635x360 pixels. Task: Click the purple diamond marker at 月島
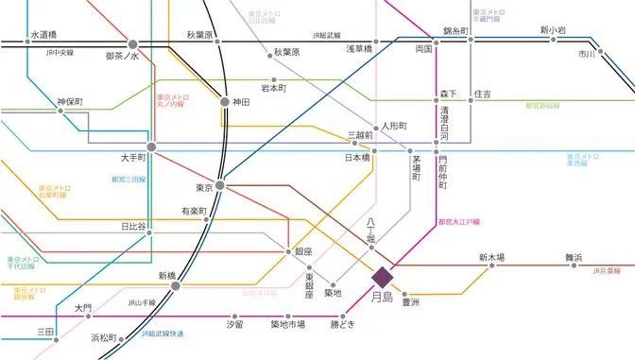pos(382,277)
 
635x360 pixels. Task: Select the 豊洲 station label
pos(410,302)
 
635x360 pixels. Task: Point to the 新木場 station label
pos(490,257)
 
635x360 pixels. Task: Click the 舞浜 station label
pos(574,257)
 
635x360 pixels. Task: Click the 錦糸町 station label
pos(456,31)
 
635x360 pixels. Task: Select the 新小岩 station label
pos(553,30)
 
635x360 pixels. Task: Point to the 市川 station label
pos(587,55)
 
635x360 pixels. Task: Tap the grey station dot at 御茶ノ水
pos(133,43)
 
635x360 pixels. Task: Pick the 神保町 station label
pos(70,100)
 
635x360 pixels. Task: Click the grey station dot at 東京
pos(219,185)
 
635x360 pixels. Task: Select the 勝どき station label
pos(343,324)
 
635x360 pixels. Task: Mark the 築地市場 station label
pos(287,324)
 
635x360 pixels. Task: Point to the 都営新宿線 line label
pos(541,106)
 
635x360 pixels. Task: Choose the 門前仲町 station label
pos(442,170)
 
